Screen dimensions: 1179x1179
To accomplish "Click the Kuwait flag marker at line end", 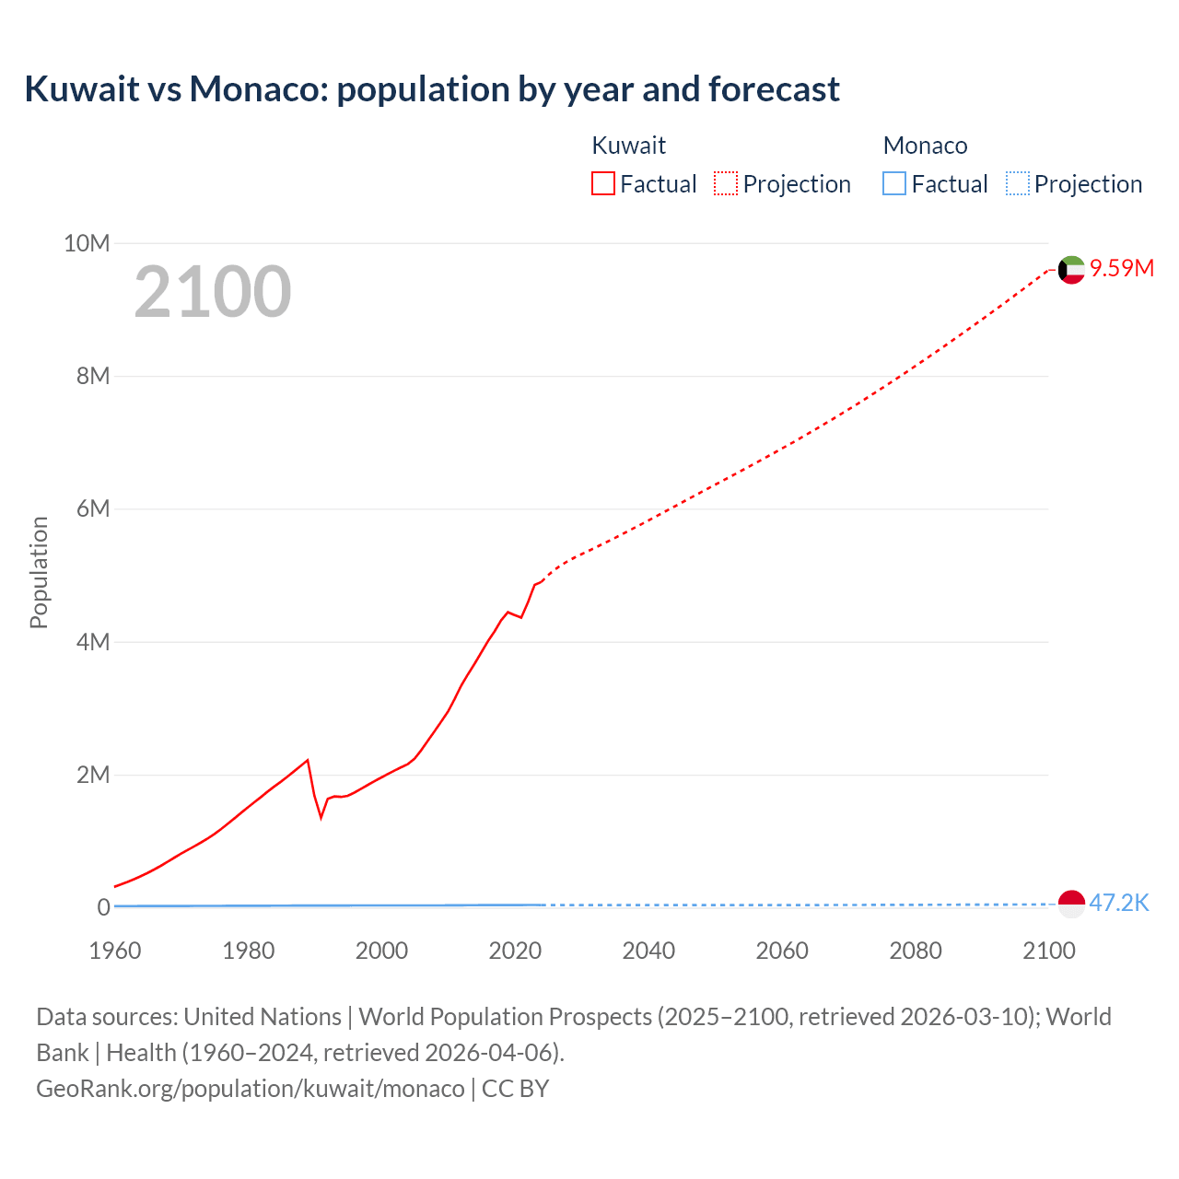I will pos(1070,270).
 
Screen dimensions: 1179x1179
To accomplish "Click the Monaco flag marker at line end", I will pos(1070,905).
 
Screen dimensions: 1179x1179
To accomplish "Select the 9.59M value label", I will pos(1122,268).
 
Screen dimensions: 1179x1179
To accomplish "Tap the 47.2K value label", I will pos(1119,903).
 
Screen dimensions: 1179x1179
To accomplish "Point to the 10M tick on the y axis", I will pos(87,243).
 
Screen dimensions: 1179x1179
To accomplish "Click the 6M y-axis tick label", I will pos(93,509).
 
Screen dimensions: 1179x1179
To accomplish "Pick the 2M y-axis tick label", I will pos(93,775).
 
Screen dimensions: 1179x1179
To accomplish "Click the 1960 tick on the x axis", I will pos(115,951).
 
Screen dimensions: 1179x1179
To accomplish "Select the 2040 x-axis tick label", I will pos(648,951).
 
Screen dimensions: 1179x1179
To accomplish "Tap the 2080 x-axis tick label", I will pos(916,951).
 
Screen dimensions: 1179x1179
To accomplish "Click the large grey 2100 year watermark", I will pos(213,292).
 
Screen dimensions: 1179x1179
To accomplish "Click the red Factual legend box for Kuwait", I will pos(602,184).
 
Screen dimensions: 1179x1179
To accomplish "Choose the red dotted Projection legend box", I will pos(726,184).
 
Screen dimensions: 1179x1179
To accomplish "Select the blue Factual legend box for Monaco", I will pos(894,184).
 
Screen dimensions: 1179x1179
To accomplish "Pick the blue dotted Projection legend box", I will pos(1018,184).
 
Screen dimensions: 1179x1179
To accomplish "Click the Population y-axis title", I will pos(39,572).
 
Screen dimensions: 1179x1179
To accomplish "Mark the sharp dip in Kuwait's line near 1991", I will pos(321,816).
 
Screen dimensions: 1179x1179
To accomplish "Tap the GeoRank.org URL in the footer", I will pos(251,1089).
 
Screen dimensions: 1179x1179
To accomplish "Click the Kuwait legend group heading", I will pos(628,146).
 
